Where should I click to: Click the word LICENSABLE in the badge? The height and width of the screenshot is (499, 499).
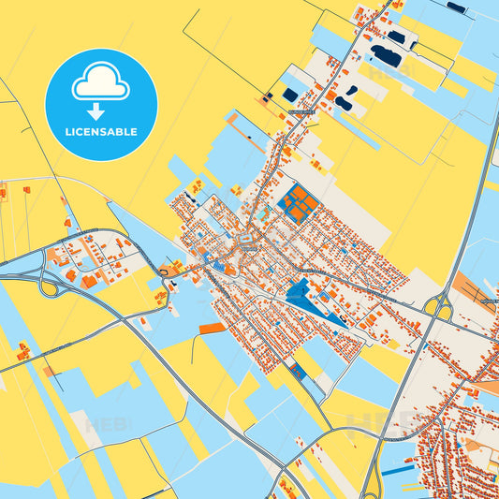tap(101, 132)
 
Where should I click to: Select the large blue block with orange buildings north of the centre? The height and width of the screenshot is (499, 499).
tap(299, 203)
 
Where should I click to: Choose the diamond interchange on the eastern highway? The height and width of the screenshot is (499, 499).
tap(438, 306)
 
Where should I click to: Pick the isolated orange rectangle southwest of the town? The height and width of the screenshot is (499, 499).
tap(213, 328)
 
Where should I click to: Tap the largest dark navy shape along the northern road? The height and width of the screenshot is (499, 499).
tap(386, 56)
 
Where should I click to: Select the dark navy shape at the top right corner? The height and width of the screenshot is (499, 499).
tap(456, 7)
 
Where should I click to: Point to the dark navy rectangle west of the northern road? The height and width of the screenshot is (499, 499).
tap(290, 95)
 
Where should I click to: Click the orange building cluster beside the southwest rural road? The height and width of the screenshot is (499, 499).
tap(22, 352)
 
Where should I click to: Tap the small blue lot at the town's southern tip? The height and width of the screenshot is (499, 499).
tap(299, 372)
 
